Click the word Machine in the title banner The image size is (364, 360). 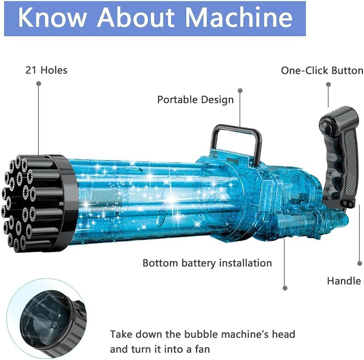[x=239, y=18]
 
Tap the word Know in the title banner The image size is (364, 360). [x=52, y=18]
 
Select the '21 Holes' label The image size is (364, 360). [x=47, y=70]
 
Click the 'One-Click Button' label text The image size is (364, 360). [x=322, y=71]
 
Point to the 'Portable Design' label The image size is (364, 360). [x=196, y=100]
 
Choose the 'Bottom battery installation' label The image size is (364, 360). [x=207, y=263]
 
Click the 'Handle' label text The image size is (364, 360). [x=344, y=281]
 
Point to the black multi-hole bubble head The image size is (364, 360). [x=38, y=203]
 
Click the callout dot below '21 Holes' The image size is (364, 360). [x=39, y=84]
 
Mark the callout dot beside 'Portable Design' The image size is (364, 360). [x=240, y=90]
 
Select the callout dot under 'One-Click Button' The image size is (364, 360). [x=328, y=84]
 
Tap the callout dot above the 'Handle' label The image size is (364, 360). [x=360, y=263]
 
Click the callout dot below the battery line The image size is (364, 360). [x=285, y=288]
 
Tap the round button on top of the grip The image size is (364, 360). [x=326, y=127]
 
